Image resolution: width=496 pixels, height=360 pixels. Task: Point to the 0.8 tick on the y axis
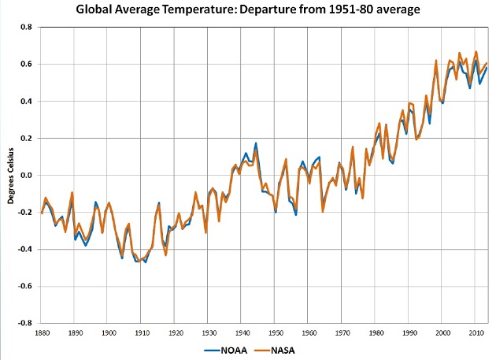(x=26, y=27)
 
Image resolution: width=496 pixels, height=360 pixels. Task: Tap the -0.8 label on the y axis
(x=24, y=323)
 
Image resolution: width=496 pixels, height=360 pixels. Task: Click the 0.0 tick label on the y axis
(x=26, y=175)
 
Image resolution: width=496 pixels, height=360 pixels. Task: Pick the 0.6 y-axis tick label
(x=26, y=64)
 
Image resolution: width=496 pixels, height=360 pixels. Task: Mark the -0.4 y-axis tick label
(x=24, y=249)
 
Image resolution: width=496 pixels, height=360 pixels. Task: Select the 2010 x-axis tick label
(x=476, y=334)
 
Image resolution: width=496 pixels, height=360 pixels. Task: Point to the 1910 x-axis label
(x=141, y=334)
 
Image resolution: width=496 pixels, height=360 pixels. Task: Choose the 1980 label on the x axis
(x=376, y=334)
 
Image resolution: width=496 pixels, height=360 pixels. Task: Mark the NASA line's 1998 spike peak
(x=436, y=60)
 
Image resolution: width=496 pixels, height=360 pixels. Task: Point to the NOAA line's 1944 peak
(x=255, y=143)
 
